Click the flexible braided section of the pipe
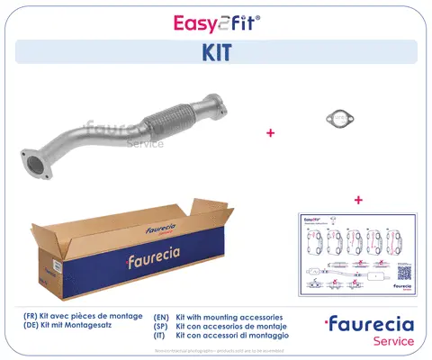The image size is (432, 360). pos(165,129)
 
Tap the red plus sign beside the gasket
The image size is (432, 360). pos(270,133)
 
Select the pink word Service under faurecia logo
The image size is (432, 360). pos(393,342)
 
